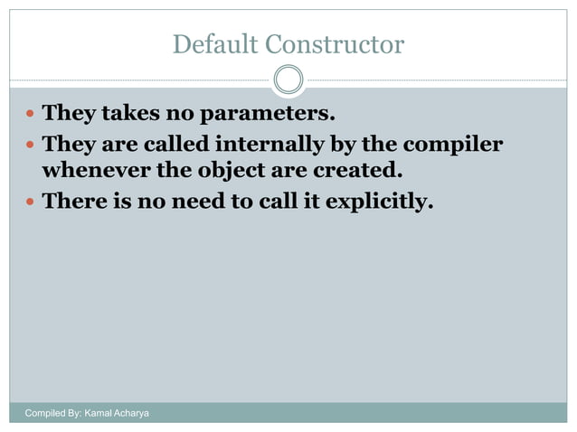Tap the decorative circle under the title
coord(288,80)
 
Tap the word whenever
coord(95,170)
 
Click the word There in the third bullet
coord(75,201)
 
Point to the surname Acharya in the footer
coord(132,413)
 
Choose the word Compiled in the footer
coord(45,413)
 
